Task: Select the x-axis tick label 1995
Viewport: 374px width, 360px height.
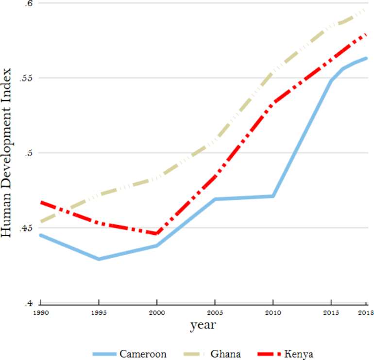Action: pos(99,313)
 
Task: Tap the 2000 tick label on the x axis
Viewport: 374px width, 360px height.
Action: pos(156,313)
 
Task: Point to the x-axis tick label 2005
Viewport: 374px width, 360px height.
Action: pos(215,313)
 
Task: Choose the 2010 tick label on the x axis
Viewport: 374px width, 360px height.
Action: pos(273,313)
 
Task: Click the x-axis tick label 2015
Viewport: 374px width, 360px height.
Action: pos(331,313)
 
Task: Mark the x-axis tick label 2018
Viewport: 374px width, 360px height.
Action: pos(365,313)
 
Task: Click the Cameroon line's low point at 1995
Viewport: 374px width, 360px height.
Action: pos(99,259)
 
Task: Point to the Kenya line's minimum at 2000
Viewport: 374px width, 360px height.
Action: pos(156,233)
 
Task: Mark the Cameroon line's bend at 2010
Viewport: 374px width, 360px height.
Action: pos(273,196)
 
